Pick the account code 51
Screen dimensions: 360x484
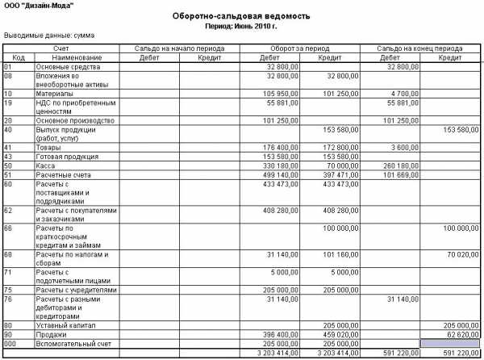pos(8,174)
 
